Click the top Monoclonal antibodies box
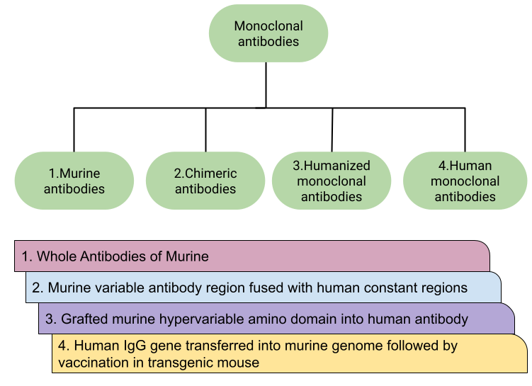tap(268, 34)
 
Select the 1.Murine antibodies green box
tap(74, 181)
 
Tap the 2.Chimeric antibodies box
tap(205, 181)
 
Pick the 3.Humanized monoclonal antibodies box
tap(331, 181)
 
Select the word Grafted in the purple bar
tap(84, 319)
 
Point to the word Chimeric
tap(211, 174)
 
